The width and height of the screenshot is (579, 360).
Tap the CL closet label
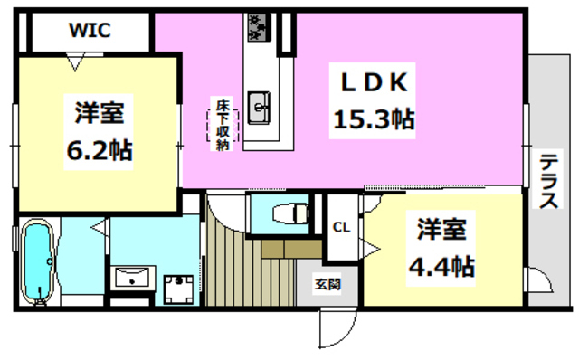(342, 227)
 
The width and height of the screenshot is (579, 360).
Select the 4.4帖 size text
(441, 267)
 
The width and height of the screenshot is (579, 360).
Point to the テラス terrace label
(548, 182)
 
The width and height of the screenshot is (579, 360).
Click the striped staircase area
(237, 261)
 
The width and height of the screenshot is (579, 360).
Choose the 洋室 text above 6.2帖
(99, 115)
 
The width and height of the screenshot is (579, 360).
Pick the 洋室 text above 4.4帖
(441, 230)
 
